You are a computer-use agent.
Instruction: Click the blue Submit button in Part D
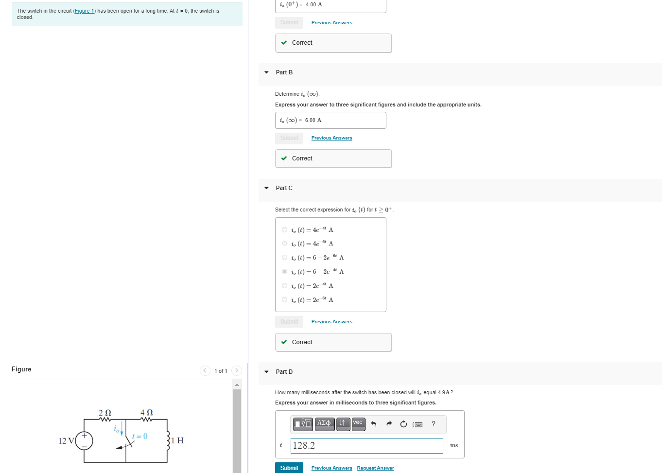click(289, 468)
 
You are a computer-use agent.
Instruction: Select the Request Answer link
click(375, 468)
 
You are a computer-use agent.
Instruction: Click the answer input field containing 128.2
click(366, 446)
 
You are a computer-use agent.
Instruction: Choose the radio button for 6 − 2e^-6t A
click(284, 258)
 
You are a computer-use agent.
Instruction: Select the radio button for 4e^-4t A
click(284, 230)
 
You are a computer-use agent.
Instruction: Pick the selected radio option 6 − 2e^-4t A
click(284, 272)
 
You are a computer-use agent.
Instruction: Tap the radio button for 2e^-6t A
click(284, 300)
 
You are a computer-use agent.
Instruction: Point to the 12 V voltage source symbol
click(84, 440)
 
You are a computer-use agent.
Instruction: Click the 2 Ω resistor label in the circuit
click(105, 413)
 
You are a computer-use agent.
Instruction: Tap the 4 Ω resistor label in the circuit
click(146, 413)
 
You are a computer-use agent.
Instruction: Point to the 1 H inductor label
click(177, 441)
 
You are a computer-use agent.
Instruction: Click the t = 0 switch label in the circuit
click(140, 437)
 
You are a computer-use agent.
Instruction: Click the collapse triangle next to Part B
click(266, 72)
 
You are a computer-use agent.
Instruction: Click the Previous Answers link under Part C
click(331, 322)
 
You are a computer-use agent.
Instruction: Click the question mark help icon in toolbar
click(434, 424)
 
